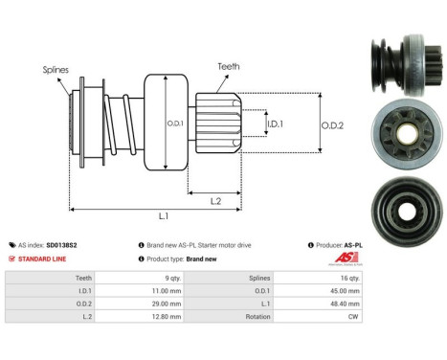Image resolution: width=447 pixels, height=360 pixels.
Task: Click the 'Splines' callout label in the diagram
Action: pyautogui.click(x=55, y=70)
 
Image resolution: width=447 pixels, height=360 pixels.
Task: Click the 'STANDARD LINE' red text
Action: pyautogui.click(x=43, y=259)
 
